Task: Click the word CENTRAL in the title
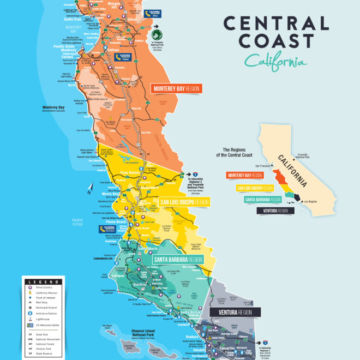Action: point(277,23)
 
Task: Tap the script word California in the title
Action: point(275,61)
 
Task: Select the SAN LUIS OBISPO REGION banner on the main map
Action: point(184,202)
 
